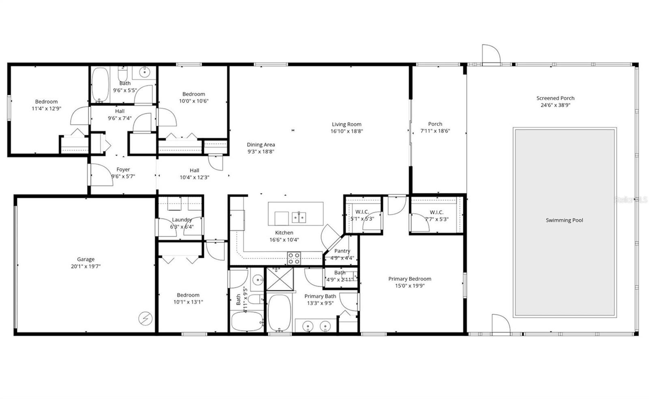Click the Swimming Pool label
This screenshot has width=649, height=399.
click(564, 220)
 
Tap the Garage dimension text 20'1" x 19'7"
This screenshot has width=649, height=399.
click(86, 266)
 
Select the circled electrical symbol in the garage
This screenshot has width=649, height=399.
click(144, 319)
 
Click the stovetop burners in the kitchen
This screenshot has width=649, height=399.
click(294, 258)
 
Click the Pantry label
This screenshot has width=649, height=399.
click(342, 251)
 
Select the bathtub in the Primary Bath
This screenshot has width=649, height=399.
click(279, 313)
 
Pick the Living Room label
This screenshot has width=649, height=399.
click(346, 124)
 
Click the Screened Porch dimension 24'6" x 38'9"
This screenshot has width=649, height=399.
click(555, 105)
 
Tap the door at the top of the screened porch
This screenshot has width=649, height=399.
click(490, 54)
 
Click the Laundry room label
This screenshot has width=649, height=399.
click(181, 220)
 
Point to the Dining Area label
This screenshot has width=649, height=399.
click(261, 145)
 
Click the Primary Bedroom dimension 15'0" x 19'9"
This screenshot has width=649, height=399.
click(409, 286)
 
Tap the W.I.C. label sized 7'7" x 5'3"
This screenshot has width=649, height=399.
click(436, 212)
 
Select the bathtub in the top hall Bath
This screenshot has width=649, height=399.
click(100, 84)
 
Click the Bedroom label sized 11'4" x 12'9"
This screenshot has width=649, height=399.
click(46, 101)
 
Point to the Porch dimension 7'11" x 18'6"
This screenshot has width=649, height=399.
click(435, 131)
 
